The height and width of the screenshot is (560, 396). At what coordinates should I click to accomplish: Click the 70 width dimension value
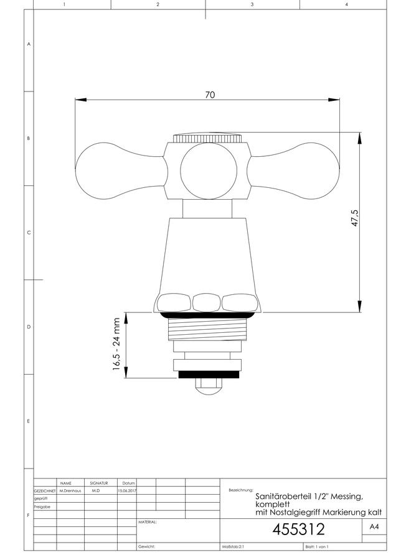coord(210,95)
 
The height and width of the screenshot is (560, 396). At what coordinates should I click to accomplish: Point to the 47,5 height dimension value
coord(354,218)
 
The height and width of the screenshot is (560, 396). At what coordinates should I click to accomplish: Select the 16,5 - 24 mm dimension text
coord(116,344)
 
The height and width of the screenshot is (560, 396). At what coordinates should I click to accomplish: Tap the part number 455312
coord(299,529)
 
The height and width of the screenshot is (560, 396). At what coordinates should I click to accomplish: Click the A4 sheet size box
coord(374,526)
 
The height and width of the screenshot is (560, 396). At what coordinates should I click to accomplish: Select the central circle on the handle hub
coord(209,171)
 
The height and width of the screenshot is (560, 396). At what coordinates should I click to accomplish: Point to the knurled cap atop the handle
coord(207,138)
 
